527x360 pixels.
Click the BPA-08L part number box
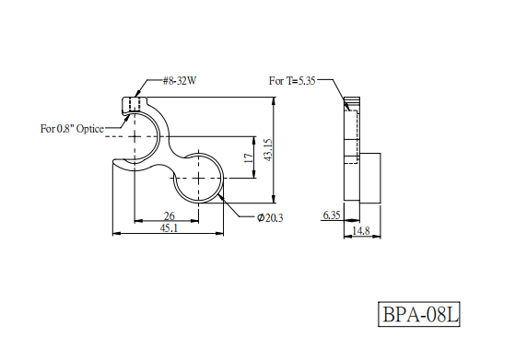[419, 314]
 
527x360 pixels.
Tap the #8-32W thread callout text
[180, 81]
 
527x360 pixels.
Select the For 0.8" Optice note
[72, 129]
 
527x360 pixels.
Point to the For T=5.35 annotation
[292, 81]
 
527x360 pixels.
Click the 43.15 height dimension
[268, 150]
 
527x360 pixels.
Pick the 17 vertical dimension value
[249, 157]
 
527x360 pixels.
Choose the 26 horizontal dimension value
[169, 215]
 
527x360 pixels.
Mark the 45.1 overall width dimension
[169, 228]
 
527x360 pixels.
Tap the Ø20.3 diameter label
[270, 218]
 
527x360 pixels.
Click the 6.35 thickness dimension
[332, 215]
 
